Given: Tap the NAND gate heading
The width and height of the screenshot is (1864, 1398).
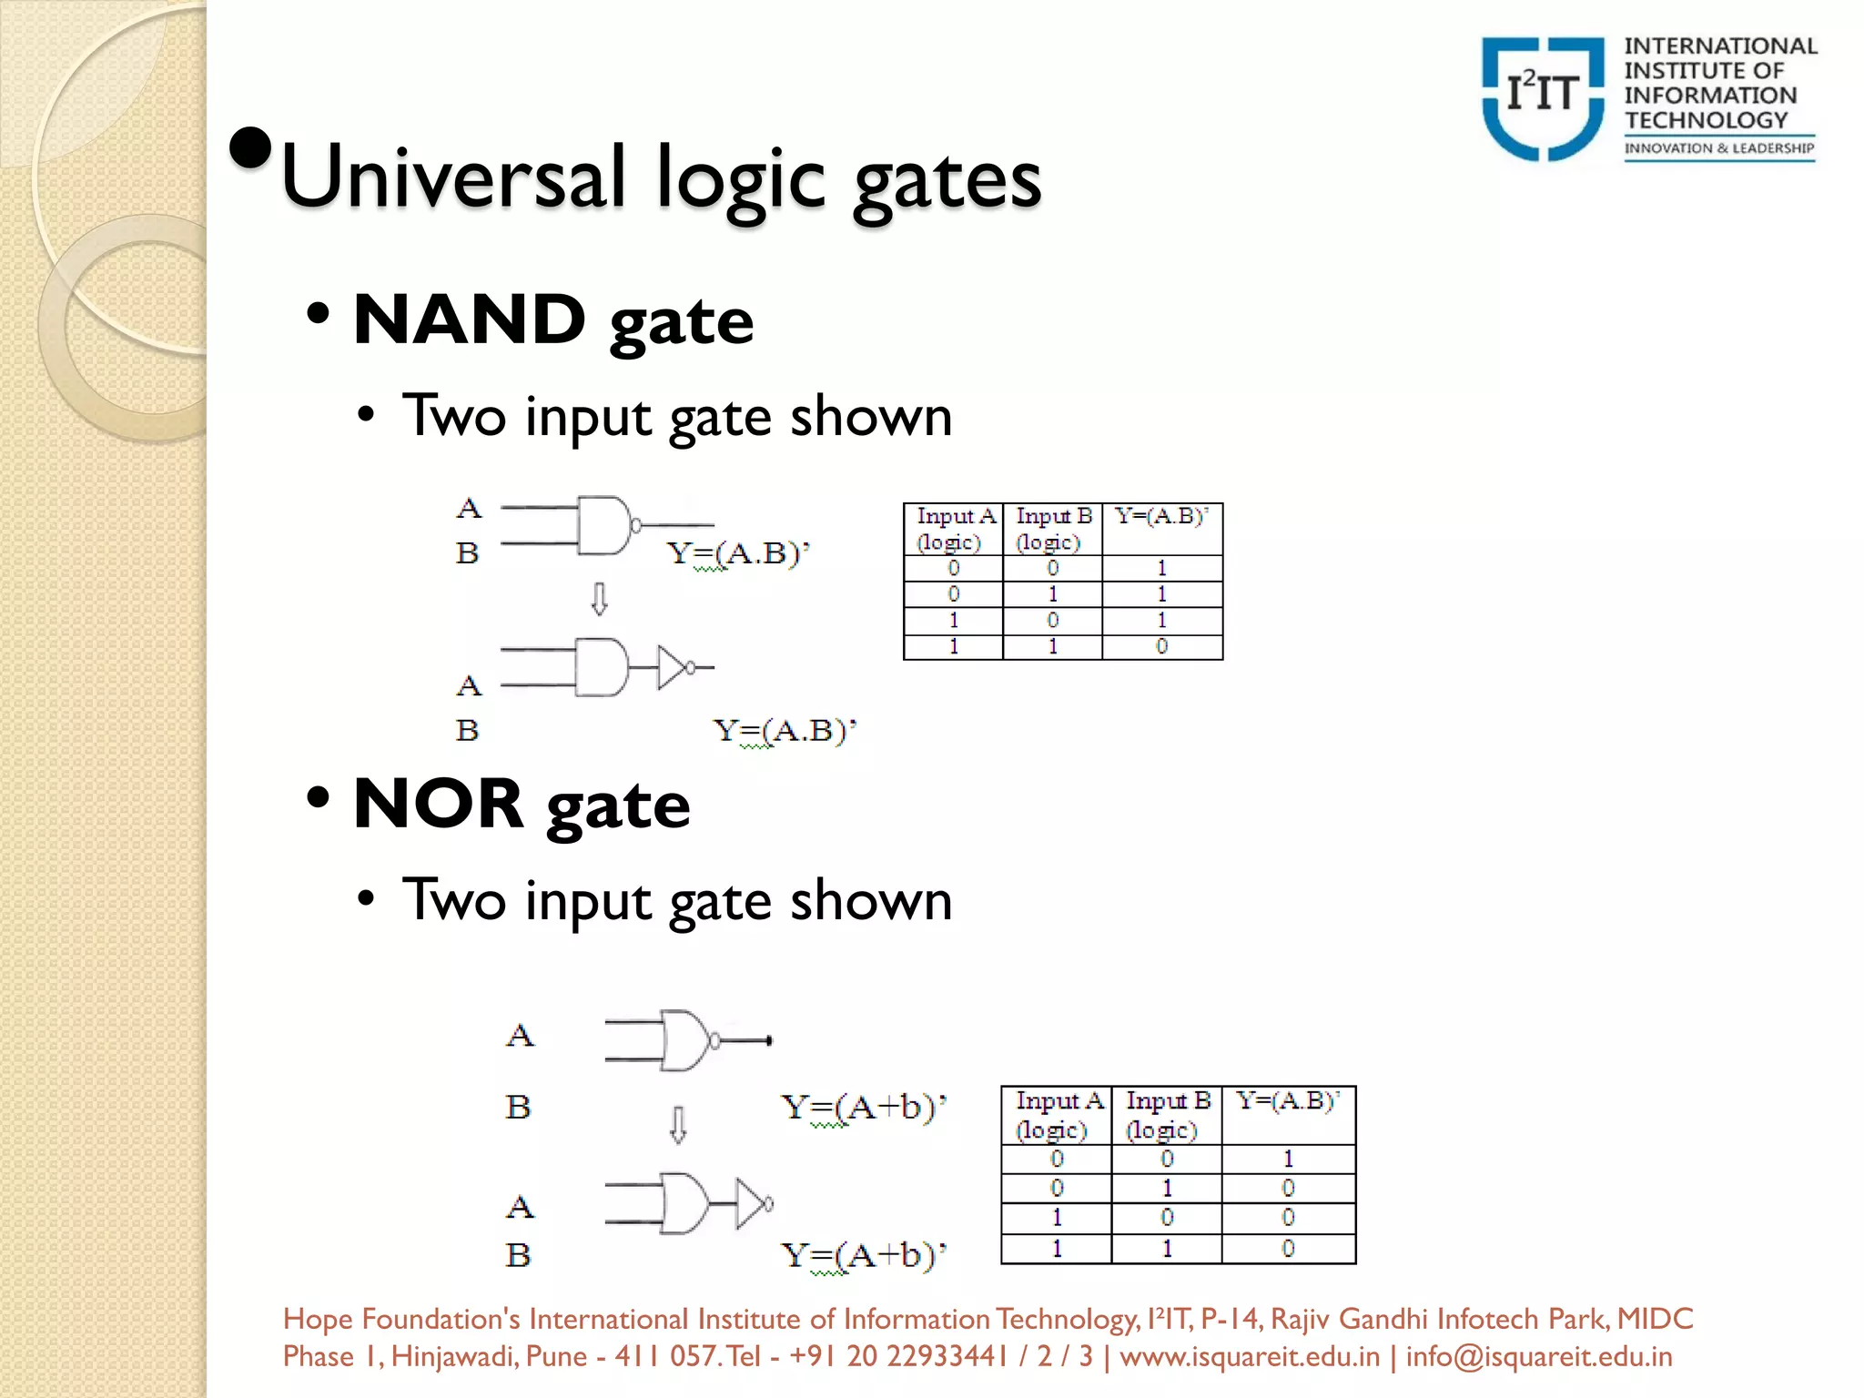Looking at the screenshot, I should click(x=552, y=320).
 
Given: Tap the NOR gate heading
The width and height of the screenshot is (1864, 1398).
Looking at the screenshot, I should click(x=521, y=805).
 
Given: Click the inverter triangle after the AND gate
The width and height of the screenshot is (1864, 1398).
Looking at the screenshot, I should click(x=672, y=667).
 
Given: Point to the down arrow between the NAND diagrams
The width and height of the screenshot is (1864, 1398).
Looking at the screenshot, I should click(x=599, y=599).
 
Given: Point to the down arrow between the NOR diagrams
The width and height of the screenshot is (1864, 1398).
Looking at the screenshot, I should click(x=678, y=1124).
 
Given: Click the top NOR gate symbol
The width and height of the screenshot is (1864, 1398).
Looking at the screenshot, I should click(x=687, y=1039).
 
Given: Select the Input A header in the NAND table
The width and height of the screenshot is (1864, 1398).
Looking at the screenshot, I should click(x=954, y=529).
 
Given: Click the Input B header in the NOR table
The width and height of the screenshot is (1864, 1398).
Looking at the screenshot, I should click(x=1167, y=1115).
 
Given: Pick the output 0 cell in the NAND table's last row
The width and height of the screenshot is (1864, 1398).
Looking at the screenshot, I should click(x=1161, y=646).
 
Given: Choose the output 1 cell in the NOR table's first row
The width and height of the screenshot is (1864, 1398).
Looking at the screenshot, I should click(x=1288, y=1159).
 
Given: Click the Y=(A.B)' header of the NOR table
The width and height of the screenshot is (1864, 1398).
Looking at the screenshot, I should click(x=1287, y=1102).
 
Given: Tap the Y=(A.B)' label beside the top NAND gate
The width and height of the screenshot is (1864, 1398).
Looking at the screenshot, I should click(x=737, y=553).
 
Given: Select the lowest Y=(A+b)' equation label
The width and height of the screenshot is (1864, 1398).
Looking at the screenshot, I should click(x=864, y=1255).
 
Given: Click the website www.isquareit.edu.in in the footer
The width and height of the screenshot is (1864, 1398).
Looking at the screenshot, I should click(x=1249, y=1356).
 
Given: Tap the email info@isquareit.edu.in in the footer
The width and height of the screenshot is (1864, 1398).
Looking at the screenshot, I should click(x=1538, y=1356).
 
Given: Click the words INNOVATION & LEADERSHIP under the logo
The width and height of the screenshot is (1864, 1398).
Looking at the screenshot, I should click(x=1718, y=148).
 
